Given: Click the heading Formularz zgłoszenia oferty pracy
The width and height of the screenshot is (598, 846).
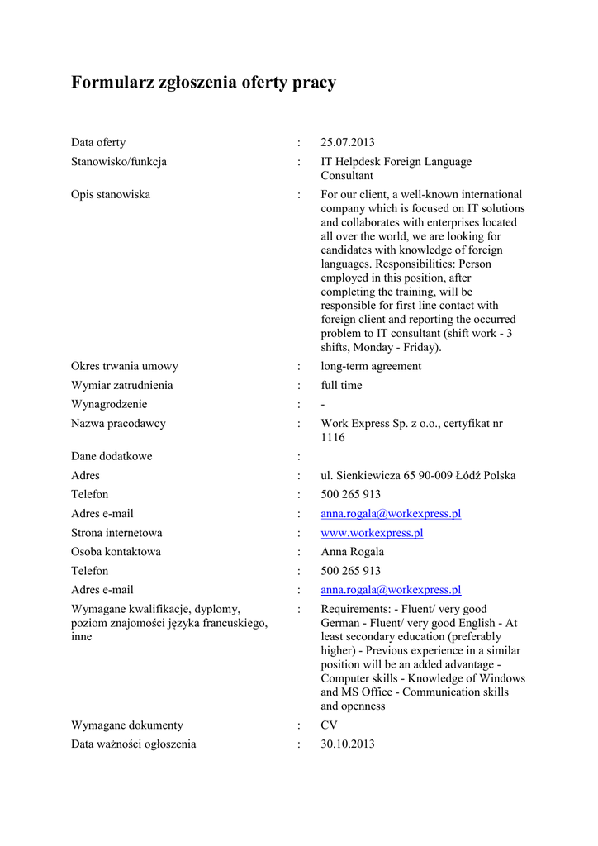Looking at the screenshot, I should (203, 83).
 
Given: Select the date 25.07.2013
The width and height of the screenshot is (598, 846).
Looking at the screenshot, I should (347, 143).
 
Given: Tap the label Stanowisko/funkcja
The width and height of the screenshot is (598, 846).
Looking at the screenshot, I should (119, 162).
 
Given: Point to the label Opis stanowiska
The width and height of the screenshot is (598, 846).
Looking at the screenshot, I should (111, 195).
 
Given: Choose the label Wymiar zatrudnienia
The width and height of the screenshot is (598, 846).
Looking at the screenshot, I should (122, 385).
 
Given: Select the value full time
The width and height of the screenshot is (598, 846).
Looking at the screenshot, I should (341, 385).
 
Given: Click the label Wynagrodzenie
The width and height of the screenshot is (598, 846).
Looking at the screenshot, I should (109, 404).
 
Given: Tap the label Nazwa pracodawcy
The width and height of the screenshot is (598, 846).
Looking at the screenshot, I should (118, 424).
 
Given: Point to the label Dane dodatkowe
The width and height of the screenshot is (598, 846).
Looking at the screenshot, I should (112, 456).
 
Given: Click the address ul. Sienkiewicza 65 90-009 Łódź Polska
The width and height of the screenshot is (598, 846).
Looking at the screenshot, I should (418, 476).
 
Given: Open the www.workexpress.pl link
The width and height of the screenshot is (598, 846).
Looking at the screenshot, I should (372, 533).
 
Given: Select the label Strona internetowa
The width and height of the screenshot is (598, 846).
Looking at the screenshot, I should (116, 533).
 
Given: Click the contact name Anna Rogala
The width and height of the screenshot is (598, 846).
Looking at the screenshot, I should (352, 552).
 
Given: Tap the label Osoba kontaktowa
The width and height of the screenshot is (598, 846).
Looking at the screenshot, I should (116, 552).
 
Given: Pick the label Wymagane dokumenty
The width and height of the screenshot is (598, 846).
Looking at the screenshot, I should (127, 725).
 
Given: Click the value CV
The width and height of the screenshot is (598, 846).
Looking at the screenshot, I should (330, 725).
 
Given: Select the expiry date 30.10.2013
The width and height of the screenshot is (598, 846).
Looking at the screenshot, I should (347, 744).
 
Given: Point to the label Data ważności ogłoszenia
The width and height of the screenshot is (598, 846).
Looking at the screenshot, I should (134, 744).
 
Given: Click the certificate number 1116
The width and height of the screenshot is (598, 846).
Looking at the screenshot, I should (333, 437).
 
